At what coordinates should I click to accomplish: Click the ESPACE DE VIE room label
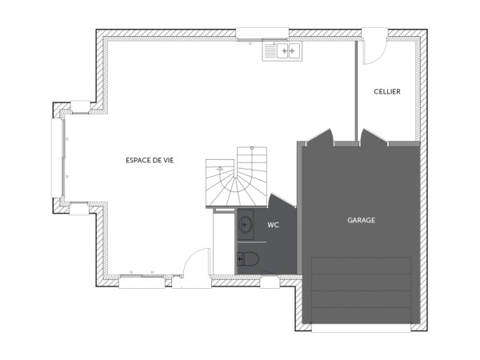150,161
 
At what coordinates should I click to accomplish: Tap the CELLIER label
387,92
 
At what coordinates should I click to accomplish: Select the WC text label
273,226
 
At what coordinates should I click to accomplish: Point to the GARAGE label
361,220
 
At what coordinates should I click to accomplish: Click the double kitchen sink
282,51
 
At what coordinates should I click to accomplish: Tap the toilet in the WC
248,258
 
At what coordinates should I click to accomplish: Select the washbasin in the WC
245,223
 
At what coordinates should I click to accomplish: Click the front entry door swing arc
195,266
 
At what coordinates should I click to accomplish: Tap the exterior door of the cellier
374,50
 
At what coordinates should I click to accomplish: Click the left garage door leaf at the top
319,137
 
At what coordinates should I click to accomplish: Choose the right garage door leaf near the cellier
373,138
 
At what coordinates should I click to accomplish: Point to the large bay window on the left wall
57,158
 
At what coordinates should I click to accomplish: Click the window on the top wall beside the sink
262,34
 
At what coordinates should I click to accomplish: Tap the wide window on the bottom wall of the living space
142,282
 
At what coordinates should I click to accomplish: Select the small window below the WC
270,282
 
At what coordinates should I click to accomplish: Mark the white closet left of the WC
223,243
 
